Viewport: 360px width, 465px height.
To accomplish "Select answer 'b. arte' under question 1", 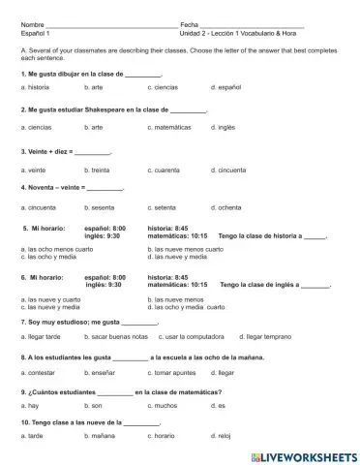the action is point(94,87).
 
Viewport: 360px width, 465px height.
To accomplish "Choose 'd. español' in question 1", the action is point(225,87).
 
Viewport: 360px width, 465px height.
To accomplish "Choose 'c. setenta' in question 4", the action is point(165,207).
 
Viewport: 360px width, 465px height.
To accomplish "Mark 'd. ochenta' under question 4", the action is point(226,207).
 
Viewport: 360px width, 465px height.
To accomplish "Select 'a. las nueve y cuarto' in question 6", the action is point(49,299).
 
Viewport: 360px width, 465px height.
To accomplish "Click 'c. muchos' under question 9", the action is point(165,406).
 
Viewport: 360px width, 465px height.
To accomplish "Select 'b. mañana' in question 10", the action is point(100,437).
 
